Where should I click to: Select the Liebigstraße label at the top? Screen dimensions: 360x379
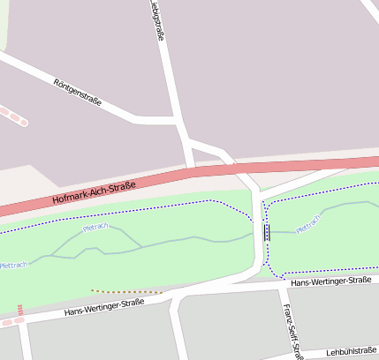(x=157, y=22)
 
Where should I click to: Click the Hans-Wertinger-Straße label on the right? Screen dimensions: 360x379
(x=330, y=281)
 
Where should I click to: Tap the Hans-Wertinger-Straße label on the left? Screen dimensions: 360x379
(x=104, y=307)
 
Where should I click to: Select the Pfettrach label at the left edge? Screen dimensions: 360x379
(x=13, y=264)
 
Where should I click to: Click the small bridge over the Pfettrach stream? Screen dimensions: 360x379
(x=267, y=232)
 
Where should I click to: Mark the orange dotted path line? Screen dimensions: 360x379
(x=126, y=291)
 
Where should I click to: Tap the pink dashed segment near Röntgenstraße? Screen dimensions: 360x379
(x=14, y=116)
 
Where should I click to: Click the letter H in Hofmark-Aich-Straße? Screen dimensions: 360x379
(x=56, y=201)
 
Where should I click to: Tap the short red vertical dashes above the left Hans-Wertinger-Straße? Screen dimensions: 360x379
(x=19, y=309)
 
